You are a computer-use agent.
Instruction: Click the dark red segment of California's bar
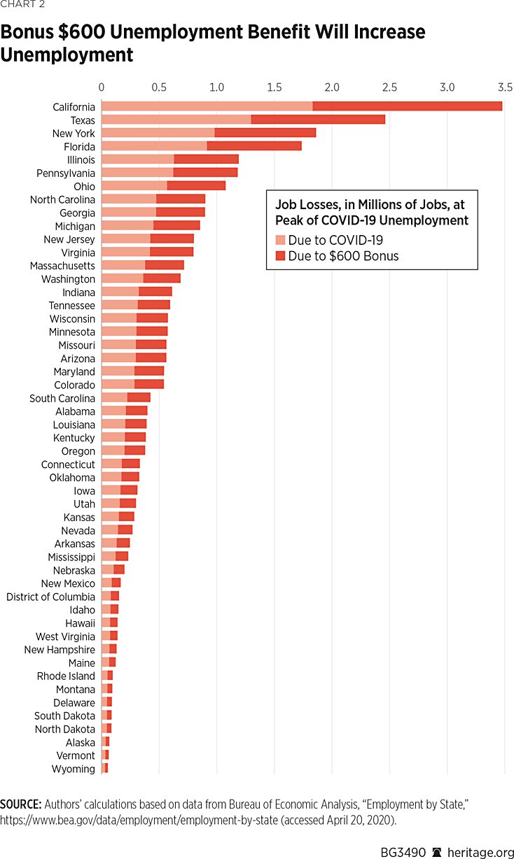tap(407, 106)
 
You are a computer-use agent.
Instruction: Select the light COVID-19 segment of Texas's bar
tap(176, 120)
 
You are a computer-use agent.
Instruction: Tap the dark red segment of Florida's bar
tap(254, 146)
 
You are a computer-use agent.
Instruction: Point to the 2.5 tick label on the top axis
tap(389, 87)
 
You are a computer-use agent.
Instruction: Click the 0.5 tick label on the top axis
tap(159, 87)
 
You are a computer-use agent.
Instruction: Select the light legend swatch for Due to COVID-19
tap(280, 240)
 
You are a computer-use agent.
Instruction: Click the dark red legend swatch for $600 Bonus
tap(280, 256)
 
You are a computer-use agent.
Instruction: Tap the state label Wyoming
tap(73, 769)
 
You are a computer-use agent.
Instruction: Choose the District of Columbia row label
tap(50, 597)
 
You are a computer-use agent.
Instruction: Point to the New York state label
tap(74, 133)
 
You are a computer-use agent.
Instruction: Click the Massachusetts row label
tap(62, 266)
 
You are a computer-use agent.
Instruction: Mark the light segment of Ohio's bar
tap(134, 186)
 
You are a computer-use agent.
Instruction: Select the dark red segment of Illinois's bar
tap(206, 159)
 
